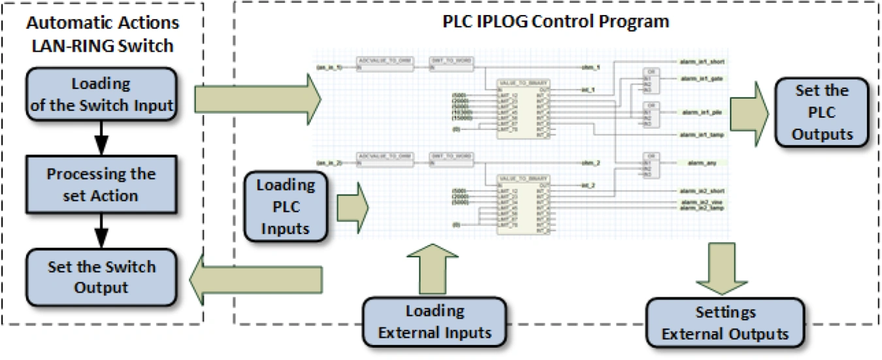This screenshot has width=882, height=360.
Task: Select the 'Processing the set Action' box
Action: (101, 185)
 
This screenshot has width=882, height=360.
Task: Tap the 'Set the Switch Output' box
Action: (101, 277)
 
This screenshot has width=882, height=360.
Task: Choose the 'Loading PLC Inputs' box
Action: (285, 206)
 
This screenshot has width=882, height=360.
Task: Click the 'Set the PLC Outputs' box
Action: (822, 112)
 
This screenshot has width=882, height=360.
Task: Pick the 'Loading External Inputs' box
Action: (434, 321)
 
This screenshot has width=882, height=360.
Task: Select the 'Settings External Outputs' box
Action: (725, 323)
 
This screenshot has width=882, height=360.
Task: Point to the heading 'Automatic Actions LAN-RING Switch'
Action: (103, 35)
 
